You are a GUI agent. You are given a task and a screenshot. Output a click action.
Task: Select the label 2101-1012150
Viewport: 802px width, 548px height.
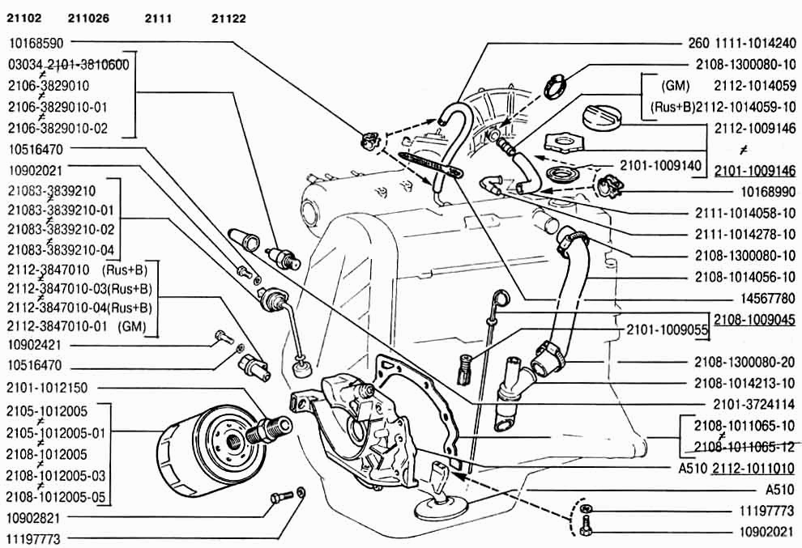[x=46, y=387]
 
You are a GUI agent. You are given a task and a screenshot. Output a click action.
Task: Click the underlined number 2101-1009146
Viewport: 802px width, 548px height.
[x=756, y=170]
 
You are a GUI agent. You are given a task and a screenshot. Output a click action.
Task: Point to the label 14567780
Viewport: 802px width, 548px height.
[x=765, y=297]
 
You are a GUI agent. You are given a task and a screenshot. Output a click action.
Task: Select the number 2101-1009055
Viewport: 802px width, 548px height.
[x=668, y=330]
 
